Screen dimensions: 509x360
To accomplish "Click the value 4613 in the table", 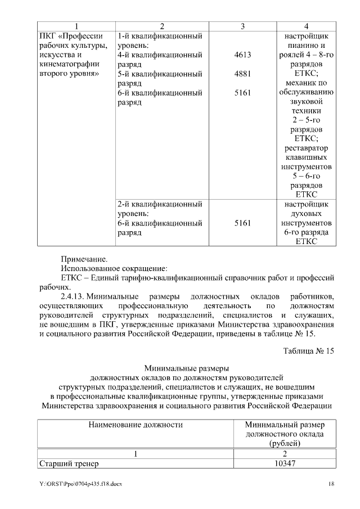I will [x=242, y=55].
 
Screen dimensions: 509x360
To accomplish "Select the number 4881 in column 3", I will [x=242, y=74].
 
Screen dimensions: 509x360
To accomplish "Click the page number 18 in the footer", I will [x=331, y=484].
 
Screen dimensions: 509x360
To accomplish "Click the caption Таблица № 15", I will [x=308, y=351].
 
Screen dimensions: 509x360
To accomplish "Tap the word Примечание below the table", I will [x=84, y=259].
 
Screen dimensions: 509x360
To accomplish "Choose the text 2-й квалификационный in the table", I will [x=160, y=204].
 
